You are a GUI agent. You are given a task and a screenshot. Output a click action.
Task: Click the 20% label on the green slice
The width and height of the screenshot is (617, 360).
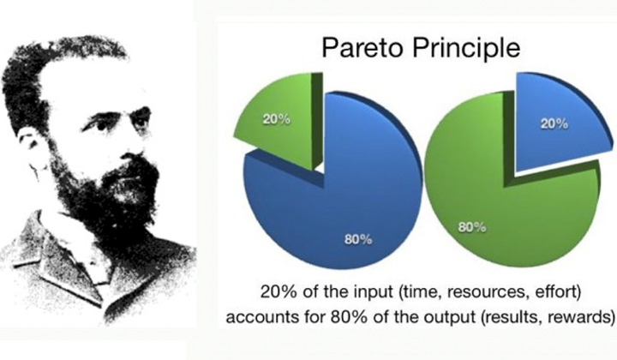click(x=277, y=119)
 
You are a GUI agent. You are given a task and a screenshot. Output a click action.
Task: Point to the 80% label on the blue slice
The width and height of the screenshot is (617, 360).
click(x=358, y=239)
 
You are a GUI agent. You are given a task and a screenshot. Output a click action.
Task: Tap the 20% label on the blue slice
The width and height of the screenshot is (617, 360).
click(x=554, y=124)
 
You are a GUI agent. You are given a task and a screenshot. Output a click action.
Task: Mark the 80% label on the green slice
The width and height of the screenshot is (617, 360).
click(x=472, y=227)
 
